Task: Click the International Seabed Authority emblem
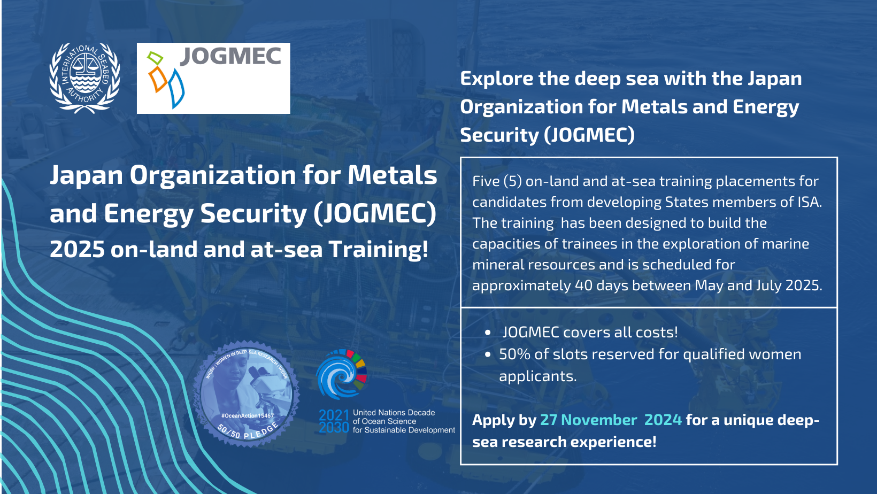pos(84,78)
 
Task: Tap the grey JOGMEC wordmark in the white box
pos(230,56)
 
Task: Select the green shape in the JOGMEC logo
pos(155,58)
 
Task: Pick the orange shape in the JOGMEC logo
pos(157,80)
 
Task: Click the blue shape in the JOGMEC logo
pos(176,88)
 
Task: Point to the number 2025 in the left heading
pos(77,249)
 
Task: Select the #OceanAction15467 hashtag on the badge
pos(248,416)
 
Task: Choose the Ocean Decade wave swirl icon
pos(341,374)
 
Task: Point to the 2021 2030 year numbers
pos(334,421)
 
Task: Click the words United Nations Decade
pos(394,413)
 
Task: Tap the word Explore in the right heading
pos(496,79)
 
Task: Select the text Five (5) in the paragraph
pos(497,181)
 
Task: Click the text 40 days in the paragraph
pos(602,285)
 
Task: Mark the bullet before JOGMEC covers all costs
pos(488,333)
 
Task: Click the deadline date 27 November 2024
pos(611,420)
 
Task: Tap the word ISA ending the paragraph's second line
pos(810,202)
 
